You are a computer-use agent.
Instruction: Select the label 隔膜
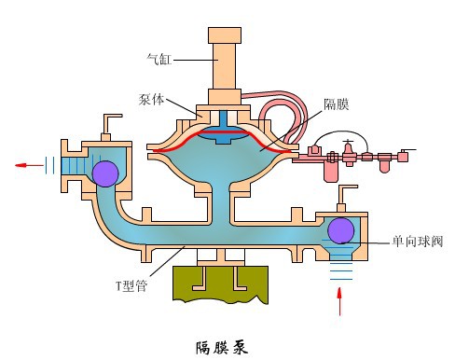337,104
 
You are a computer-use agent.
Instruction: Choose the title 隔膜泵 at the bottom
225,346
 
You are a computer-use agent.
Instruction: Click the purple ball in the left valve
104,173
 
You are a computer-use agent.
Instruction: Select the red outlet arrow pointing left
30,167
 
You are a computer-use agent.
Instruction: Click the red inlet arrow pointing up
339,301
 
